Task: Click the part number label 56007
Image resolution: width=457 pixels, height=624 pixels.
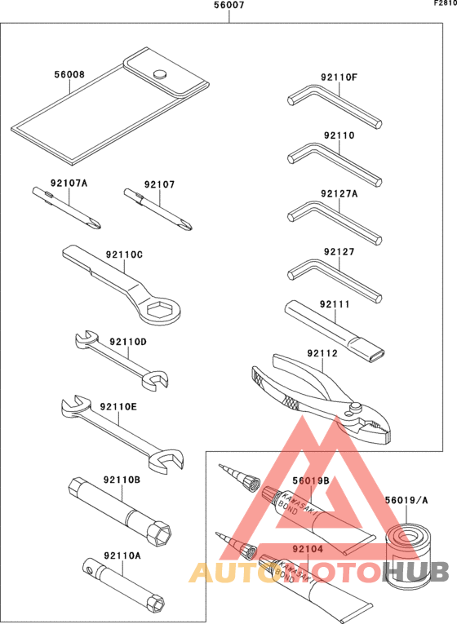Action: click(x=228, y=5)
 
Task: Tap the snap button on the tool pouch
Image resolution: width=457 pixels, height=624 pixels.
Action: click(x=160, y=74)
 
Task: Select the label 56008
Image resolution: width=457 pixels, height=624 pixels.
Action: click(x=69, y=74)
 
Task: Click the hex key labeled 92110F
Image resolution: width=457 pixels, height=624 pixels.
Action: click(x=334, y=105)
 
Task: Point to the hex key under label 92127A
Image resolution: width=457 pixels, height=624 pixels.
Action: click(x=334, y=222)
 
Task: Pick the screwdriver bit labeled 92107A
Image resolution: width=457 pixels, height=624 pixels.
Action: click(x=66, y=208)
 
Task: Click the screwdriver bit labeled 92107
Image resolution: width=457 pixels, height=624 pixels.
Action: click(x=158, y=210)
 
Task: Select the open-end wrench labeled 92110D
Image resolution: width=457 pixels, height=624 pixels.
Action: click(x=122, y=359)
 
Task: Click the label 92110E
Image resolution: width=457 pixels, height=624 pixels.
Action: click(x=118, y=407)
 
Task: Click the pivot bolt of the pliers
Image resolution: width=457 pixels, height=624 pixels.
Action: click(x=356, y=407)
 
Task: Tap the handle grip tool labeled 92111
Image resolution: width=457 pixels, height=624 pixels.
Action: click(x=335, y=331)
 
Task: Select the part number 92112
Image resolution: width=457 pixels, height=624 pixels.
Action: click(x=322, y=353)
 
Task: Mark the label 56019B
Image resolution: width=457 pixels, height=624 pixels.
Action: click(x=311, y=480)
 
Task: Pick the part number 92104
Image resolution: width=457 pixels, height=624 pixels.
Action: click(x=308, y=549)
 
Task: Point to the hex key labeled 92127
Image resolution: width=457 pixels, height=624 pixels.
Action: click(x=334, y=280)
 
